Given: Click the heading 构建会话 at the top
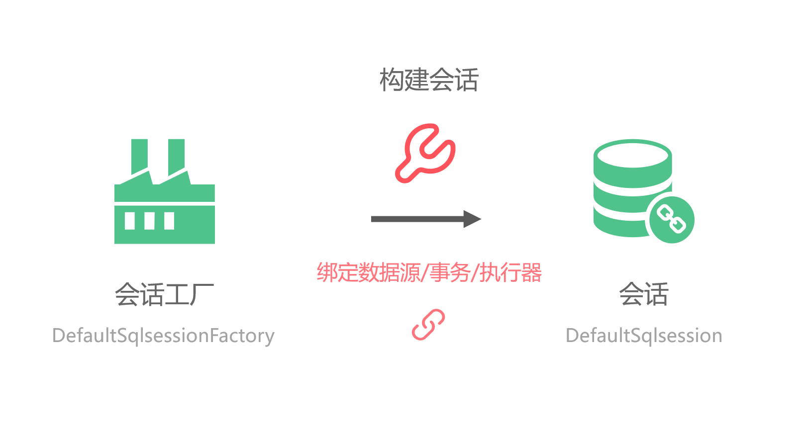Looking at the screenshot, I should [x=428, y=80].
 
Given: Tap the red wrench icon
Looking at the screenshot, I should [x=426, y=153].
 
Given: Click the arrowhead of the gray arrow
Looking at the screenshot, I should [x=472, y=219].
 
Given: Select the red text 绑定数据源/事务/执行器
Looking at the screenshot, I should [x=429, y=272].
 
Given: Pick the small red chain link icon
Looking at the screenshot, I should [x=428, y=325].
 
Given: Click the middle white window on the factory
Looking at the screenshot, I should [x=149, y=221].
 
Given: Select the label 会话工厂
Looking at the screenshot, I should [x=164, y=294].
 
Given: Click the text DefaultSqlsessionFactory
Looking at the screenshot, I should [x=163, y=336].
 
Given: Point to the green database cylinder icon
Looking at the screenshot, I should [x=632, y=189].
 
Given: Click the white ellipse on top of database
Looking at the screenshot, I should [x=633, y=155].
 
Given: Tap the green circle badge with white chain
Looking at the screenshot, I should [x=672, y=220].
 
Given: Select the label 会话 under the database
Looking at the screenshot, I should [x=643, y=294].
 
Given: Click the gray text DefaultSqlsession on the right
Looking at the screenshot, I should [x=644, y=336].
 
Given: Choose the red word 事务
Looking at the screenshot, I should [x=450, y=272].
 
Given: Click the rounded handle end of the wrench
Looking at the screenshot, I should [x=404, y=173].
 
